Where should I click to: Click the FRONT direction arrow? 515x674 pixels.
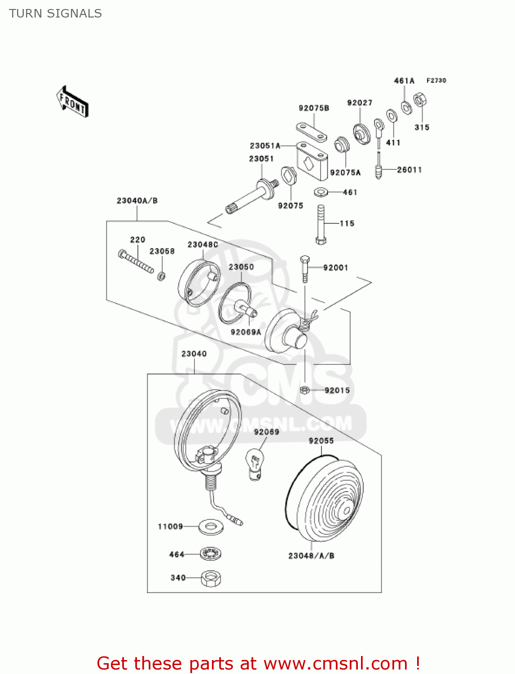[72, 102]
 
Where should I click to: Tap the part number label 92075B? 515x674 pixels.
[314, 108]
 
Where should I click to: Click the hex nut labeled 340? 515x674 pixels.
[211, 578]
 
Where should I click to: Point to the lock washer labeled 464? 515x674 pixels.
[211, 554]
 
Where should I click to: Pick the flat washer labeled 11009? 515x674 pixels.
[211, 526]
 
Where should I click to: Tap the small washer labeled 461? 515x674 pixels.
[321, 192]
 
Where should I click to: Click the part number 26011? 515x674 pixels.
[409, 170]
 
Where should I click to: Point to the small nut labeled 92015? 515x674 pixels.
[305, 390]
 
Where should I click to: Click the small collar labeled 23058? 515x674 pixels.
[162, 275]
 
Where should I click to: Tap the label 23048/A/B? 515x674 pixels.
[311, 556]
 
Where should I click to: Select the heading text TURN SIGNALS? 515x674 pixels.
[55, 13]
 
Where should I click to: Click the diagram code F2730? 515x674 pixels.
[436, 80]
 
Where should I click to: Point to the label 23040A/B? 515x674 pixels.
[137, 201]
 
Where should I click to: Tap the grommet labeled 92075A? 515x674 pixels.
[343, 144]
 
